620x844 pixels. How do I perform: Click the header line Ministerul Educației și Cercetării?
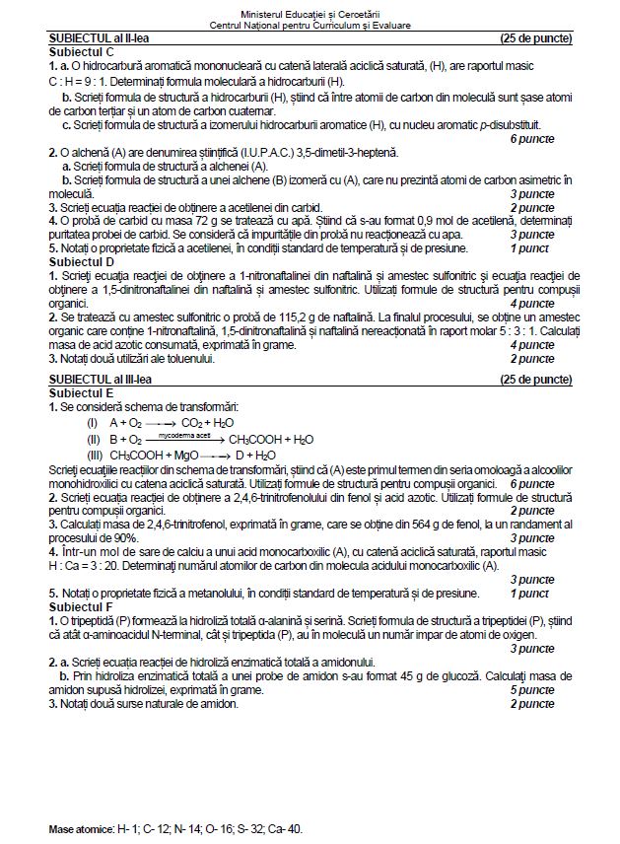tap(310, 12)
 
